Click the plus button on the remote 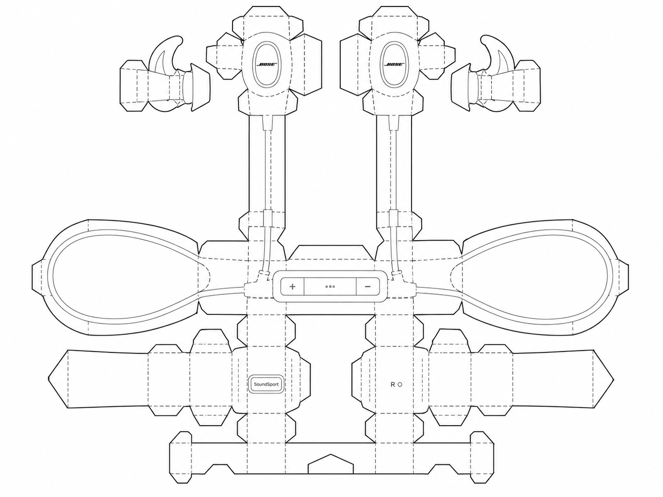tap(293, 286)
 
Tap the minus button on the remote tap(368, 286)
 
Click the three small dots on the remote tap(330, 286)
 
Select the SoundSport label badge tap(266, 384)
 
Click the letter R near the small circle tap(393, 384)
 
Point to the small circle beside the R tap(400, 385)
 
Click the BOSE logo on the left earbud tap(266, 65)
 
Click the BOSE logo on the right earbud tap(394, 65)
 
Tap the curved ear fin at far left tap(166, 56)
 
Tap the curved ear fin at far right tap(496, 56)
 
